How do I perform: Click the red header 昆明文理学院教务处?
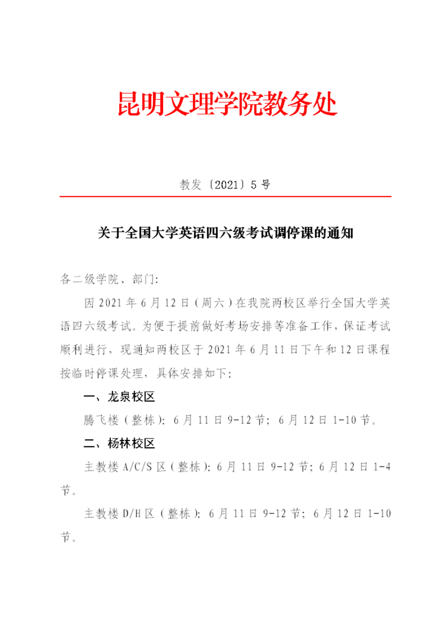point(227,104)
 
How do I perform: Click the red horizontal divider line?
point(225,197)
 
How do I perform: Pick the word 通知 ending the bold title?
point(341,233)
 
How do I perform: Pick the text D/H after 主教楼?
point(134,514)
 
